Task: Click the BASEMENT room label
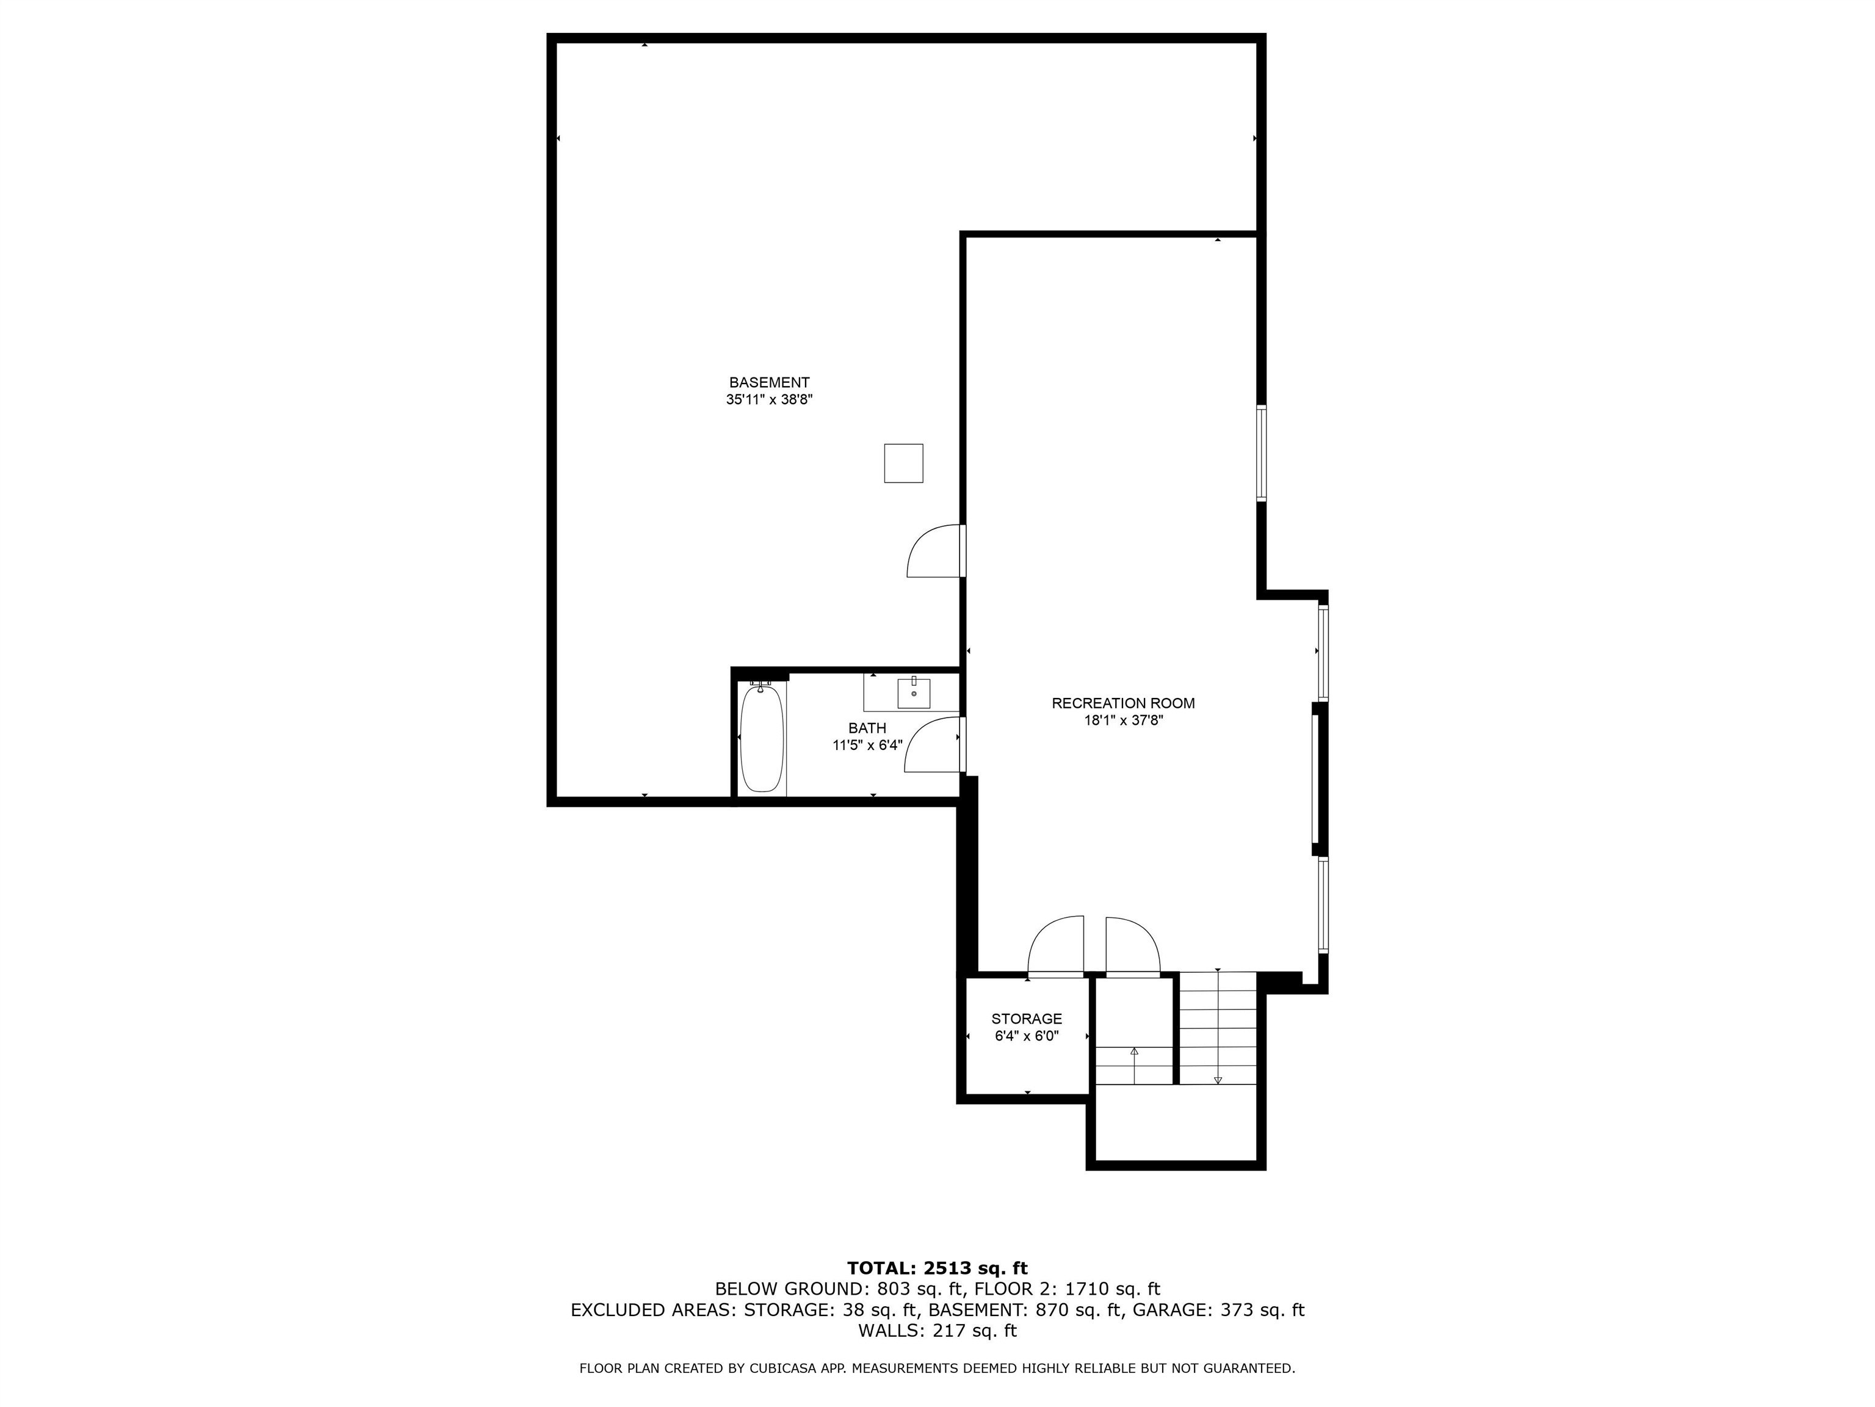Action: pos(769,382)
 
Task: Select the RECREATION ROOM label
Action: pos(1123,703)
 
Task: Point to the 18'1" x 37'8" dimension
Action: pos(1123,721)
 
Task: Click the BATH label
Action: pos(867,728)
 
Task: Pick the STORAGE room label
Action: pos(1027,1019)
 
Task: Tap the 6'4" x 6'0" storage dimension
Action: pos(1027,1036)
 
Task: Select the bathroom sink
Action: pos(914,694)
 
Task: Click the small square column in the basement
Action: pos(903,463)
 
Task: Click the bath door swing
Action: pos(933,746)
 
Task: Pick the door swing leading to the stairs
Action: pos(1132,945)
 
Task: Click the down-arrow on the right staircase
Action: pos(1218,1079)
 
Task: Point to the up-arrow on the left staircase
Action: pos(1134,1052)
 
